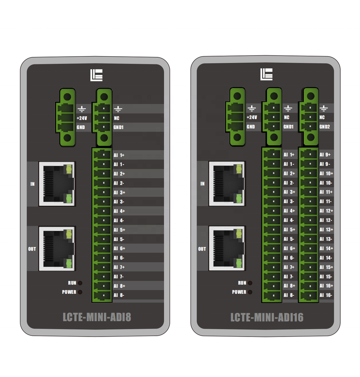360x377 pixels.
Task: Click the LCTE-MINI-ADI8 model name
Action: point(97,317)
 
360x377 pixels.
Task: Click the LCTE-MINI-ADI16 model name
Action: point(267,317)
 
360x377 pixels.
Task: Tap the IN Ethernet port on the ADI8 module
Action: point(56,184)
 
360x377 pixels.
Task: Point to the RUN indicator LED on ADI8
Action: point(80,283)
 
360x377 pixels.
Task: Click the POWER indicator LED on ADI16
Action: point(250,292)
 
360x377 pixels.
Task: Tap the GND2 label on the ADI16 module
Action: point(325,127)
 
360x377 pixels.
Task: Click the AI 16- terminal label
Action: point(326,295)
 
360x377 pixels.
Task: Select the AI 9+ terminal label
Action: point(325,155)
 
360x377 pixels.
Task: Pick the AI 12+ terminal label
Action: point(326,211)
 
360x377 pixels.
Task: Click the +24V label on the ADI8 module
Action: point(81,118)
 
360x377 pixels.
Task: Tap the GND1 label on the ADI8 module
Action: point(118,127)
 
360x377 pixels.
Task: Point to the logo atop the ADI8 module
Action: point(96,75)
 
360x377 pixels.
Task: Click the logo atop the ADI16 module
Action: point(266,75)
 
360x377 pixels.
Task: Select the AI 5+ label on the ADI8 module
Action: point(119,230)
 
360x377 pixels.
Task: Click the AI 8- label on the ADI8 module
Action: point(119,295)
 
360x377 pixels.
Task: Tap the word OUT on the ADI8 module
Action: point(32,249)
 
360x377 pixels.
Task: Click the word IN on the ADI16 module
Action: point(202,183)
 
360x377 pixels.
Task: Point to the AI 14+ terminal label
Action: point(326,248)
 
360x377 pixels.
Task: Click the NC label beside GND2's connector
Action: point(322,117)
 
